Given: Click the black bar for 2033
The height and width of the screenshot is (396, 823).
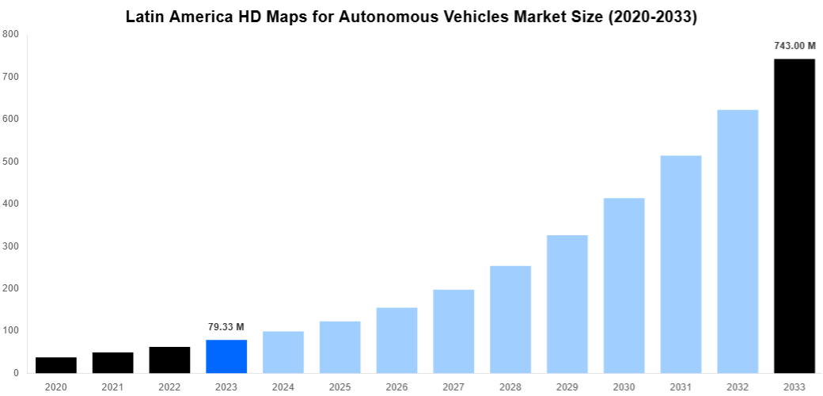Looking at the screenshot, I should click(794, 215).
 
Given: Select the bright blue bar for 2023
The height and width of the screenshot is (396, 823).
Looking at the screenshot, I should click(226, 356).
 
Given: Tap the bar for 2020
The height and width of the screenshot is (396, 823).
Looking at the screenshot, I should click(56, 365).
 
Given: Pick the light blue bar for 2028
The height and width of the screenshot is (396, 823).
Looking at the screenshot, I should click(510, 319).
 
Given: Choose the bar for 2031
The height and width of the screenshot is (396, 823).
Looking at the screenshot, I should click(681, 265).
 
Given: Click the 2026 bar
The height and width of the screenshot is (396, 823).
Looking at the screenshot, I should click(396, 341).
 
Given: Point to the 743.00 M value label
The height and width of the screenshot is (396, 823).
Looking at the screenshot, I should click(794, 46).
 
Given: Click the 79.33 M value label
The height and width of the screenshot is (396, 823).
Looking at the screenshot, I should click(226, 327).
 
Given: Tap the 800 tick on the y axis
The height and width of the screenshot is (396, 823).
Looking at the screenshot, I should click(11, 34).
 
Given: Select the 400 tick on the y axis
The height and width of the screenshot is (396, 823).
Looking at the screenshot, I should click(11, 204).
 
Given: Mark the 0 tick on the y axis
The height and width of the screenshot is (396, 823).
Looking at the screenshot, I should click(16, 373).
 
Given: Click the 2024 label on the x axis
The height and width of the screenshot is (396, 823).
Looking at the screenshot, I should click(283, 386).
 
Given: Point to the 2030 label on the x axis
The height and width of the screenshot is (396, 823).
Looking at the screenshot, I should click(624, 386).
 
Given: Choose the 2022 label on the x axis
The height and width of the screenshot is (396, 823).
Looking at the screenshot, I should click(169, 386).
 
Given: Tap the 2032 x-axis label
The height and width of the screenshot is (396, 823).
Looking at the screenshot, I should click(738, 386).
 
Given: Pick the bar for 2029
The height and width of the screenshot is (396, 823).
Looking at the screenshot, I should click(567, 304).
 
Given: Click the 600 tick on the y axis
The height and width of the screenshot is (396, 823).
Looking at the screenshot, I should click(11, 119).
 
